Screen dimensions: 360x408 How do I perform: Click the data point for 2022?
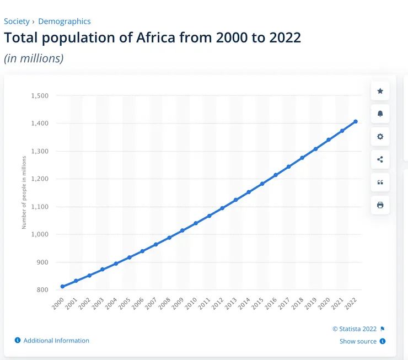[x=356, y=121]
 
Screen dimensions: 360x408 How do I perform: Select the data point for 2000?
[x=62, y=287]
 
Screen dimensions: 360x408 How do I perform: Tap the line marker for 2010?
[x=196, y=223]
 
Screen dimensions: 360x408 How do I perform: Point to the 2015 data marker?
[x=262, y=184]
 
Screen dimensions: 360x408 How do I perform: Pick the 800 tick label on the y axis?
[x=42, y=289]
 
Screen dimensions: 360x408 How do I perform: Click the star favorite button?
[x=380, y=91]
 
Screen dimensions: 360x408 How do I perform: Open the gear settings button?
[x=380, y=137]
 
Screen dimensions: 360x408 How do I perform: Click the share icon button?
[x=380, y=160]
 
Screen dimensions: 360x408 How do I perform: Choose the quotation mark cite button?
[x=380, y=182]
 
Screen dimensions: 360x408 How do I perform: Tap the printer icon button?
[x=380, y=205]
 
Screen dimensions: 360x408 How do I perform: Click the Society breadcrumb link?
[x=17, y=22]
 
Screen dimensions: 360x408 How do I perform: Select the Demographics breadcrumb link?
[x=65, y=22]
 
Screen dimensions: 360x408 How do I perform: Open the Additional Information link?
[x=56, y=341]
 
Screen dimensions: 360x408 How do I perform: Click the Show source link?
[x=358, y=341]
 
